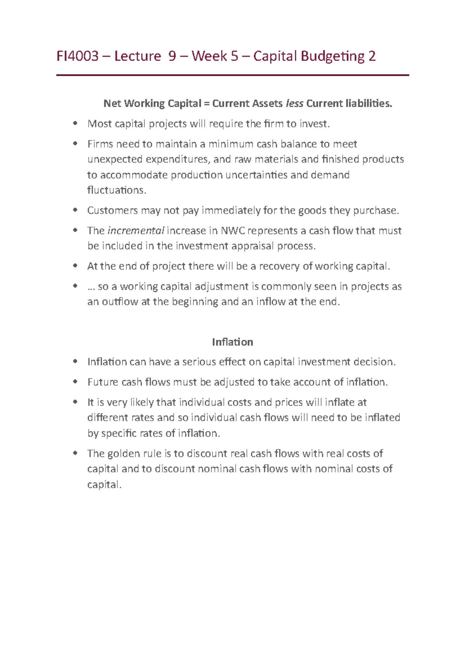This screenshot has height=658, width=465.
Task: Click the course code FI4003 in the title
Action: pos(77,57)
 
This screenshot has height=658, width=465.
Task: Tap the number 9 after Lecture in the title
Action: pos(172,57)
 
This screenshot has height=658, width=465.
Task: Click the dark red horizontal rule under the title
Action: pos(232,75)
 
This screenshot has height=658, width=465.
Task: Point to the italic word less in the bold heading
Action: pos(294,103)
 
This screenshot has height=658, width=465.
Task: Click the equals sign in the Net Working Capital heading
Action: pos(207,103)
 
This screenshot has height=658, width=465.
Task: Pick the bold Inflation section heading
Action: pos(232,342)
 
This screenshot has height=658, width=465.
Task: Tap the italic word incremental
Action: pos(136,231)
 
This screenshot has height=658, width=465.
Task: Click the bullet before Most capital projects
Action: pos(76,124)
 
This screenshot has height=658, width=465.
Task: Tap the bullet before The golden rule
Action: pos(76,453)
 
